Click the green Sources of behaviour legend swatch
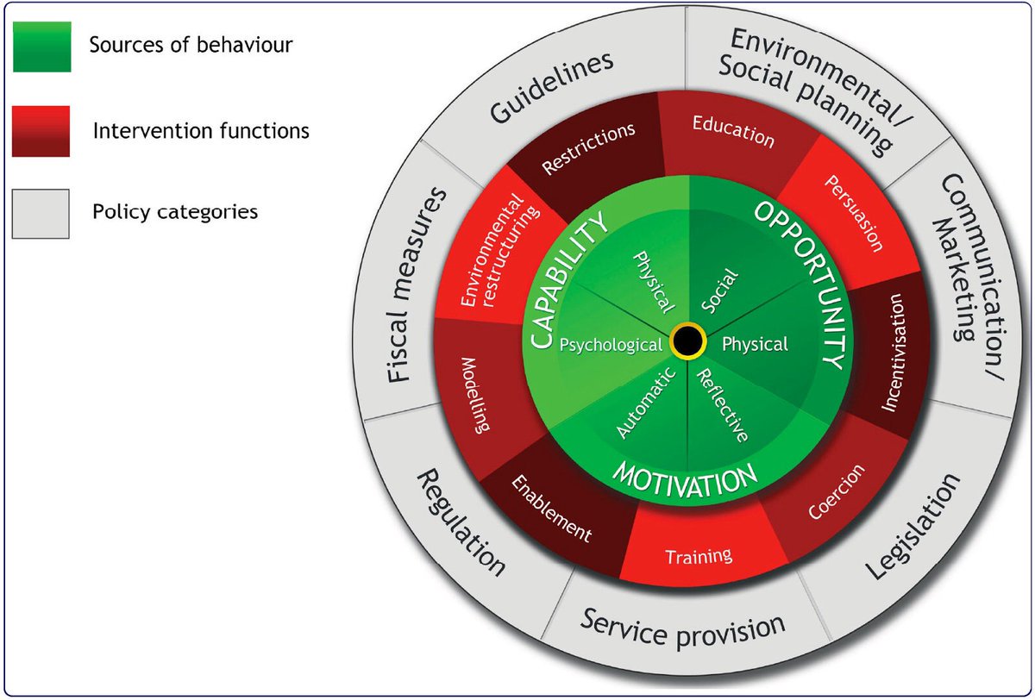tap(41, 47)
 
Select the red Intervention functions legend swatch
tap(41, 130)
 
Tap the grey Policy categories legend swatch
tap(41, 212)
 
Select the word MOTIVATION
tap(685, 477)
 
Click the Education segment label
tap(733, 131)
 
